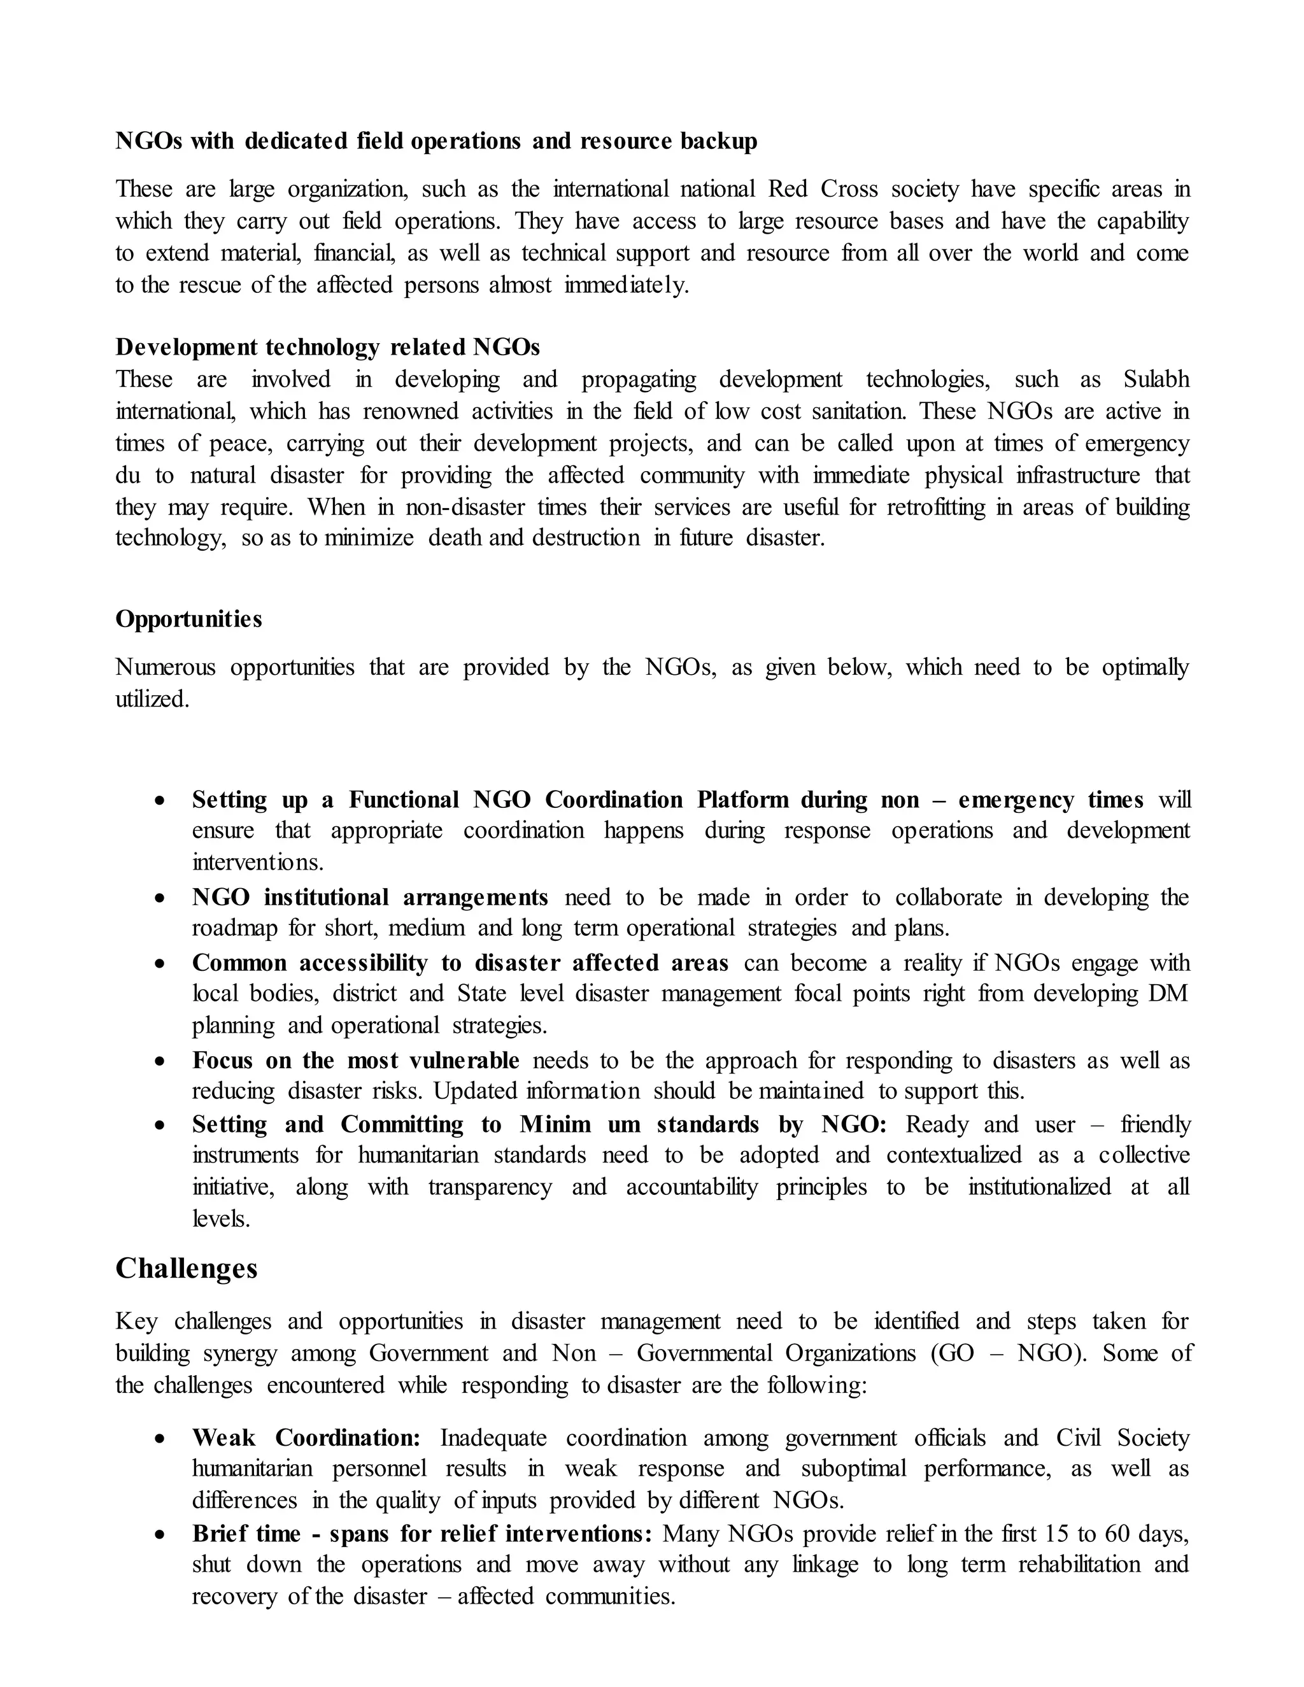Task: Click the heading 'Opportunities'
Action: (188, 619)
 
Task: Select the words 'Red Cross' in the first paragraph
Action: (823, 189)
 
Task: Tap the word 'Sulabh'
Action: (1156, 379)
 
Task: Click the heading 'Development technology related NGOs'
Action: (327, 348)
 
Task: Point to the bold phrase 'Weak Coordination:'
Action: (306, 1437)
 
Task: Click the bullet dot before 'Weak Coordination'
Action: (160, 1439)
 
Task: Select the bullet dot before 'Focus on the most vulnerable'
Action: (160, 1062)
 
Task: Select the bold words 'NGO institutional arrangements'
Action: (370, 898)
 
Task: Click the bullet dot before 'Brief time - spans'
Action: (160, 1535)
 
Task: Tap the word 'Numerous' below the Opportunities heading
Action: (166, 667)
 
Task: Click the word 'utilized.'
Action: (152, 700)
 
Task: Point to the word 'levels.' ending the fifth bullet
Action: (221, 1220)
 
